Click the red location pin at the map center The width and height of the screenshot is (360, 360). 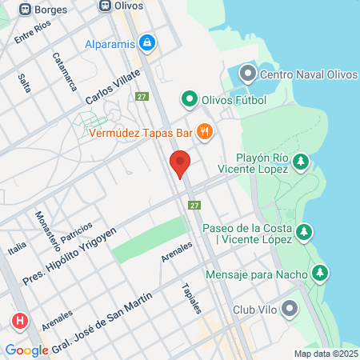180,164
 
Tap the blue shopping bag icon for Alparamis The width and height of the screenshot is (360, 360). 147,44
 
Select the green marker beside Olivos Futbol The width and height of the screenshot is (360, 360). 189,99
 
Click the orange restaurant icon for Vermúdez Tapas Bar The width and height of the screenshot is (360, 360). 205,132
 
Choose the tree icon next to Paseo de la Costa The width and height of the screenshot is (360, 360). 304,233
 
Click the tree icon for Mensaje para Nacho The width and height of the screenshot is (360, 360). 320,274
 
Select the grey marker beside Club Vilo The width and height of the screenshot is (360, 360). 290,309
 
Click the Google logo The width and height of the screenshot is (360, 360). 26,350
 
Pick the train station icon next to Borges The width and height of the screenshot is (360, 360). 25,7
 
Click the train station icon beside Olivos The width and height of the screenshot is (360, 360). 103,6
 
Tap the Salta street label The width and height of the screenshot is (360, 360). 25,82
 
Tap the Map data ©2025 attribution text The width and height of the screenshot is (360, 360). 325,354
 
